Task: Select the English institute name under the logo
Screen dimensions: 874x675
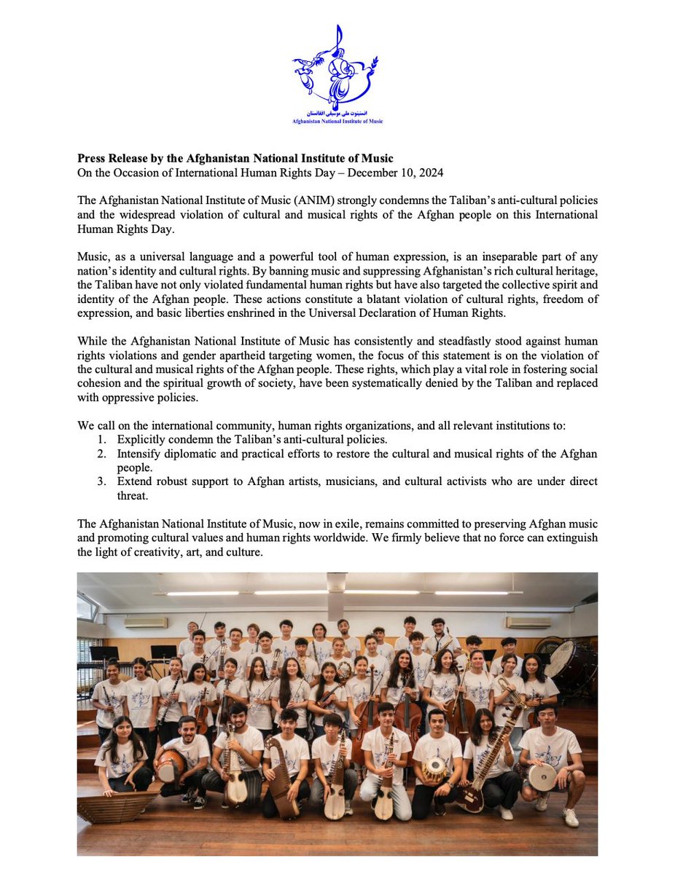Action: [337, 121]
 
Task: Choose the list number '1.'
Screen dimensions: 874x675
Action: [102, 440]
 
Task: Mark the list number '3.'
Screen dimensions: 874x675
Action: [102, 482]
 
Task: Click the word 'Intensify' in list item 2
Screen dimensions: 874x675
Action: [140, 454]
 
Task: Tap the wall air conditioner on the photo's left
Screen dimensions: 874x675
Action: [145, 622]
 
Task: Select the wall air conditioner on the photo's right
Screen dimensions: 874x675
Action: [528, 622]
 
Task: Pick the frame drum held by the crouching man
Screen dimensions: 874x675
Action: [542, 777]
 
